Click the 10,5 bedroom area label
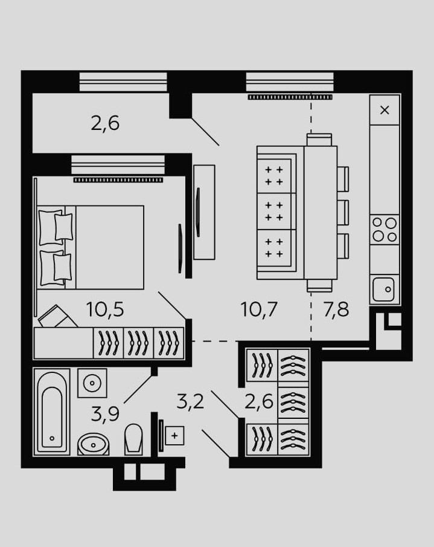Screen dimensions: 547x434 (105, 310)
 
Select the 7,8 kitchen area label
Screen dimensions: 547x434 (336, 310)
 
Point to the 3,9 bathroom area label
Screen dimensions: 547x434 (104, 414)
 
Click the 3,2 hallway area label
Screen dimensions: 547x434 (190, 401)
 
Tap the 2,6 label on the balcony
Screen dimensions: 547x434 (105, 123)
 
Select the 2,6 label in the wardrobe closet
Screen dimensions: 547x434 (260, 401)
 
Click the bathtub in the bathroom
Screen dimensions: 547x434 (52, 412)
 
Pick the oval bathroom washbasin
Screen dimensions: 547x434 (94, 445)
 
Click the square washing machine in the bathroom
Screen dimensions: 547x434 (92, 383)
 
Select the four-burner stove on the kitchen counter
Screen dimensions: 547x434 (385, 229)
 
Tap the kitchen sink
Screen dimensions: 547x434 (384, 289)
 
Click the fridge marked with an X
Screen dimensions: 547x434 (385, 110)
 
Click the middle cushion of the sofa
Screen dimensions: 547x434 (275, 211)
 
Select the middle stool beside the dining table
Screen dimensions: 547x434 (343, 211)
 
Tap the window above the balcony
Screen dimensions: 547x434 (123, 81)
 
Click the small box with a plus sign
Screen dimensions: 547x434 (174, 435)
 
